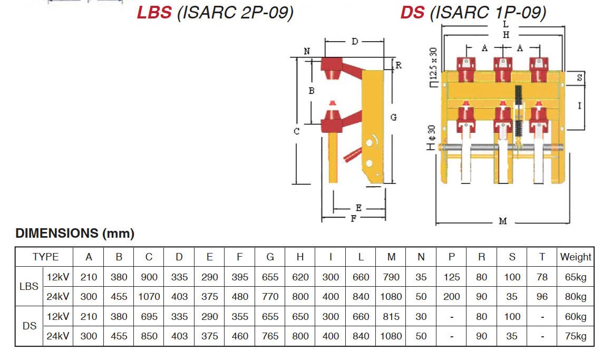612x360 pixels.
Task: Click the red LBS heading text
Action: coord(154,12)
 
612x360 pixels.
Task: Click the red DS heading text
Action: coord(412,12)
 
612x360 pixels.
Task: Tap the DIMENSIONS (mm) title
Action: coord(75,233)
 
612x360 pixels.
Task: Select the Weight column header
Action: coord(575,257)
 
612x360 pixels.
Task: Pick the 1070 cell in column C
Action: coord(149,297)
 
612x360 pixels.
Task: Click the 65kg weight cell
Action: coord(575,277)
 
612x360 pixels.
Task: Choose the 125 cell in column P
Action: coord(451,277)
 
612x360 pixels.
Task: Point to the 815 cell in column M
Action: coord(391,317)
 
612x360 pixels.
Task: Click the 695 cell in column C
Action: coord(149,317)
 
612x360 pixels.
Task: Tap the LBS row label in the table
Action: coord(29,287)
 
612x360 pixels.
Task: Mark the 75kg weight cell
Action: coord(575,336)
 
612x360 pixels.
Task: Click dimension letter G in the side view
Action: coord(393,118)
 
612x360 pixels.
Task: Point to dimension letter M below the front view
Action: coord(502,221)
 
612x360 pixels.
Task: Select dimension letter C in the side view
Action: coord(297,131)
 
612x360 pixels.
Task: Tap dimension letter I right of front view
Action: coord(579,106)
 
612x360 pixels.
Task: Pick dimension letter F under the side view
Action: coord(354,219)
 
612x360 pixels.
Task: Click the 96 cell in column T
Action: coord(542,297)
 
